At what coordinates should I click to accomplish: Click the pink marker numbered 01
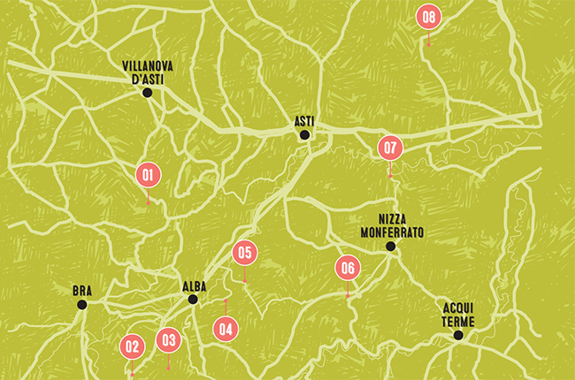(x=148, y=175)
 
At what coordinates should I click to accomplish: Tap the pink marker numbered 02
(x=133, y=347)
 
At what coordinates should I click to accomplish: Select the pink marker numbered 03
(x=168, y=339)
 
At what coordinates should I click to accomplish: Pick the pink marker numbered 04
(x=226, y=328)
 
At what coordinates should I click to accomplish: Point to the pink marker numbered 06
(x=348, y=268)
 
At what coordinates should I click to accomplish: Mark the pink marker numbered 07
(x=390, y=148)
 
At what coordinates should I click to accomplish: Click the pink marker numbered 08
(x=429, y=16)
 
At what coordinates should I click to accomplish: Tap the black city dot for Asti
(x=304, y=135)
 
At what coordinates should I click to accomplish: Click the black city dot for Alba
(x=193, y=299)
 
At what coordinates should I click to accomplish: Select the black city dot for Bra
(x=82, y=304)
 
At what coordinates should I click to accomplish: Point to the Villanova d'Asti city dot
(x=147, y=92)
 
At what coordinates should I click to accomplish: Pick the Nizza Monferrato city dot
(x=390, y=247)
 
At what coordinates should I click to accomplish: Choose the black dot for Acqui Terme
(x=458, y=335)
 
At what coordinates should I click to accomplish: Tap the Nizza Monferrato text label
(x=391, y=226)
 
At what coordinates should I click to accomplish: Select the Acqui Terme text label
(x=459, y=315)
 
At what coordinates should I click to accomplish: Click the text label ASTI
(x=304, y=120)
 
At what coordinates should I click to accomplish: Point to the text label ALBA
(x=194, y=285)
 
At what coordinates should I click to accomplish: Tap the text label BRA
(x=82, y=291)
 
